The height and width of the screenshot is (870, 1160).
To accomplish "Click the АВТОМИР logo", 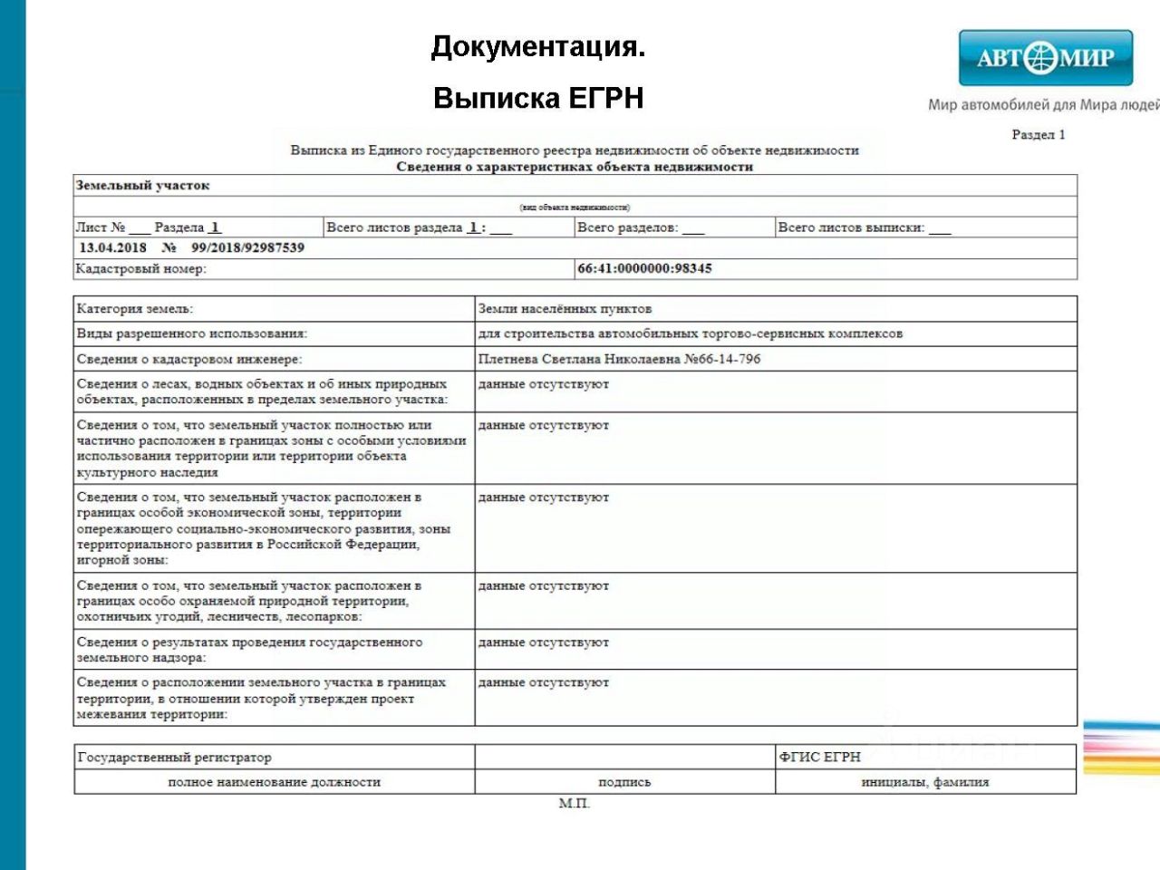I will coord(1045,58).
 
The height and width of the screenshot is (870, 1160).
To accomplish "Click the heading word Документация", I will coord(538,46).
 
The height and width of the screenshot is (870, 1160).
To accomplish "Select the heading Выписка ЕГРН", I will coord(538,98).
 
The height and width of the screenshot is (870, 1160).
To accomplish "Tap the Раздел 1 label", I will coord(1038,135).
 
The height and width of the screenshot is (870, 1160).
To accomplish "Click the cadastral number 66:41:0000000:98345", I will coord(644,268).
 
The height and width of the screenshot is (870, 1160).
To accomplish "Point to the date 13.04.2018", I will coord(112,247).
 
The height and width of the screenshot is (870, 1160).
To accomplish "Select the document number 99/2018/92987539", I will coord(247,247).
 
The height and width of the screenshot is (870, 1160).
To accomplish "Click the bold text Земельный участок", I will coord(142,186).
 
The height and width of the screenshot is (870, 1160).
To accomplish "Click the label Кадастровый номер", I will coord(140,268).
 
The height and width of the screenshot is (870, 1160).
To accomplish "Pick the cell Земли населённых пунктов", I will coord(565,309).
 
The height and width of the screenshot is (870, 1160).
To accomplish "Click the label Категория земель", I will coord(135,309).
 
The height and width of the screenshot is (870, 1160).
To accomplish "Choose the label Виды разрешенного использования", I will coord(192,333).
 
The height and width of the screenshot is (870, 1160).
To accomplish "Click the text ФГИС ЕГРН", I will coord(819,757).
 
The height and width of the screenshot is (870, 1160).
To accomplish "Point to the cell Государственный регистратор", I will coord(174,757).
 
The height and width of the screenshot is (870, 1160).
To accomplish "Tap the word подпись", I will coord(624,781).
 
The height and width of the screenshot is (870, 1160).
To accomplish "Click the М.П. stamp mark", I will coord(575,803).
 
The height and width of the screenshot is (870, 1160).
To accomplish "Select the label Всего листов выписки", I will coord(851,227).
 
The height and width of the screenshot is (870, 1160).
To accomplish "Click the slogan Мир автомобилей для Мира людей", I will coord(1043,104).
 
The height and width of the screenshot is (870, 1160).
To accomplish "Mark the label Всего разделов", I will coord(627,227).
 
